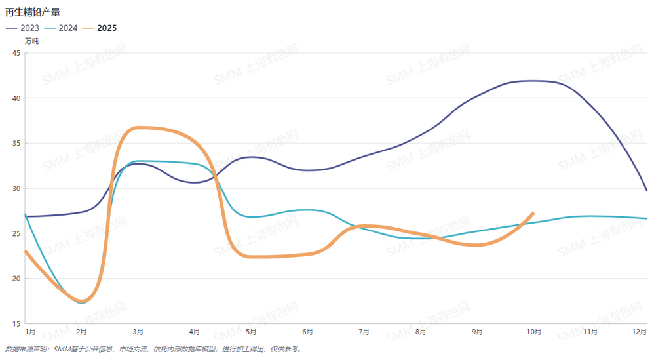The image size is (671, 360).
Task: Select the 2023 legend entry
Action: tap(22, 28)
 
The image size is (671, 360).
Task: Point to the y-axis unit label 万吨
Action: tap(31, 41)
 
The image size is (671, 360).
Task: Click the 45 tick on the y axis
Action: tap(16, 53)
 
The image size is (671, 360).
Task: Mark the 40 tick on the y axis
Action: tap(16, 98)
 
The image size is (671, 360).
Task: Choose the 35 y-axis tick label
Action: tap(16, 143)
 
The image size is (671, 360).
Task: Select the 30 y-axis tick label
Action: tap(16, 188)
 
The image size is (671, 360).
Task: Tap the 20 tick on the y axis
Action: tap(16, 278)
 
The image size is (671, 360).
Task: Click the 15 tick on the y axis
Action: tap(16, 323)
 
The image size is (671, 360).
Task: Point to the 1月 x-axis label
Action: tap(30, 332)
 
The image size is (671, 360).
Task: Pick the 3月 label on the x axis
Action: tap(138, 332)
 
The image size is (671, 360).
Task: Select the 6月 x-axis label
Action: tap(308, 332)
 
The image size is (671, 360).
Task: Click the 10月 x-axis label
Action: tap(534, 332)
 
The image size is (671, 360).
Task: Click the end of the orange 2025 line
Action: tap(533, 213)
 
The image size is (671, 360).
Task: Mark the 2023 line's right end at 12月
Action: tap(647, 190)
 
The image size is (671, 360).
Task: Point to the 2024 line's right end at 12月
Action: tap(647, 218)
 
